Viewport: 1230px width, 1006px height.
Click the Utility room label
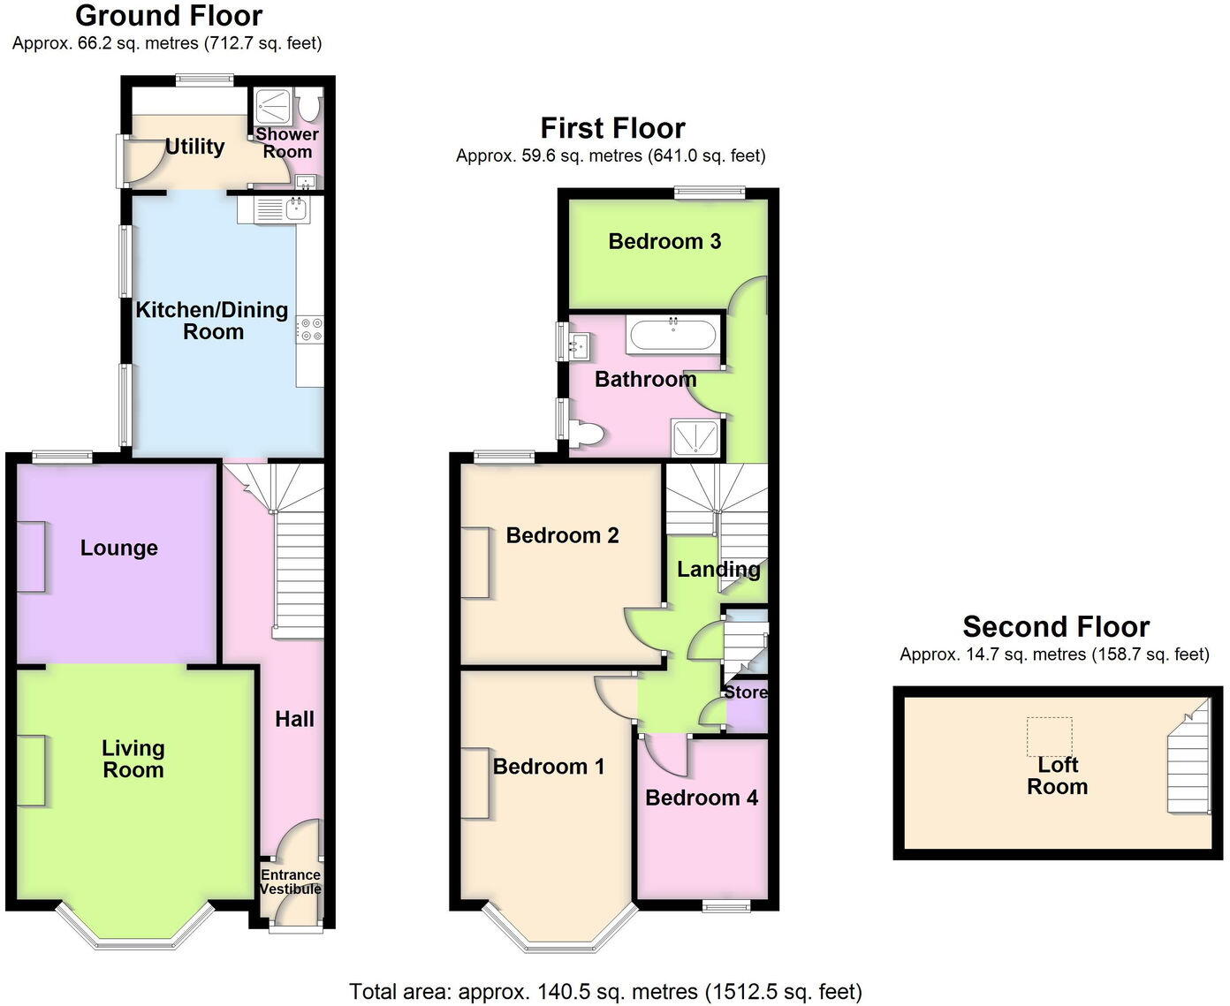click(x=194, y=147)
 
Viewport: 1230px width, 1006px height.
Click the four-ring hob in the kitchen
click(x=310, y=329)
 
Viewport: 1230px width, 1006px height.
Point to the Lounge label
click(x=119, y=548)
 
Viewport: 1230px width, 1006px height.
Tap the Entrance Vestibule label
click(x=291, y=881)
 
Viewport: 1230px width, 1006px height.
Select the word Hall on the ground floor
click(x=294, y=719)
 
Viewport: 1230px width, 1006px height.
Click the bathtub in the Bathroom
click(x=673, y=335)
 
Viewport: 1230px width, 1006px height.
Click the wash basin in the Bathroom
click(x=579, y=344)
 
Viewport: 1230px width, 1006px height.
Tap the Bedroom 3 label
click(x=664, y=241)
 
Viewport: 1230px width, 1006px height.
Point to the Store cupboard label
click(x=746, y=692)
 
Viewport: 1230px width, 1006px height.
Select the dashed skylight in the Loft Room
click(x=1049, y=737)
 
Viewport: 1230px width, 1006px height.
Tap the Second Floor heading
click(x=1056, y=627)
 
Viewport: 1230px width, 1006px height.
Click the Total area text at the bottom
click(x=605, y=992)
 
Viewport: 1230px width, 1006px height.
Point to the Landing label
click(x=718, y=570)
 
